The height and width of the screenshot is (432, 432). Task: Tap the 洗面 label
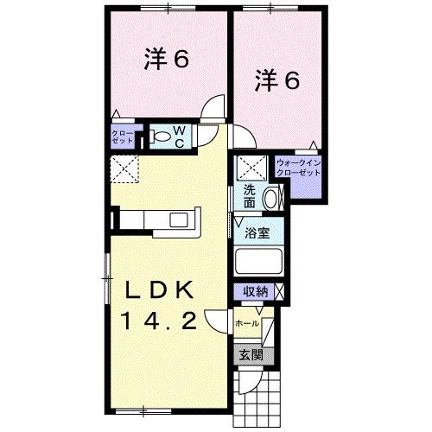point(249,197)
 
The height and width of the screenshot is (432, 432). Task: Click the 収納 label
point(254,291)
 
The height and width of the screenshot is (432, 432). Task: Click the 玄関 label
point(251,353)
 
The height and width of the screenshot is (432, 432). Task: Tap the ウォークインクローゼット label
point(298,168)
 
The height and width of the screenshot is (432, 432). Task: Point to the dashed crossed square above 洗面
point(251,168)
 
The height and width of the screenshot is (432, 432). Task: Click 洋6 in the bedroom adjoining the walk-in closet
point(276,81)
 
